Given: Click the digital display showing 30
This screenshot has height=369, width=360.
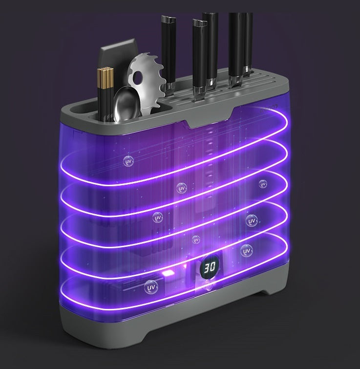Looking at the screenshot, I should (210, 267).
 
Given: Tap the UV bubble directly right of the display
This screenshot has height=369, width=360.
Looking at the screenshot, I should (247, 252).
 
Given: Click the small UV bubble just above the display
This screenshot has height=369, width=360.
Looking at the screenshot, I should (196, 239).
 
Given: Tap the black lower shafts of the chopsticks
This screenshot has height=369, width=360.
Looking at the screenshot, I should (105, 103).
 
